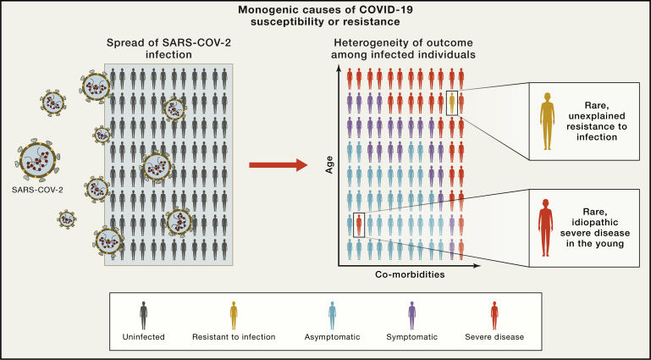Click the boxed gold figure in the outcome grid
(452, 102)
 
